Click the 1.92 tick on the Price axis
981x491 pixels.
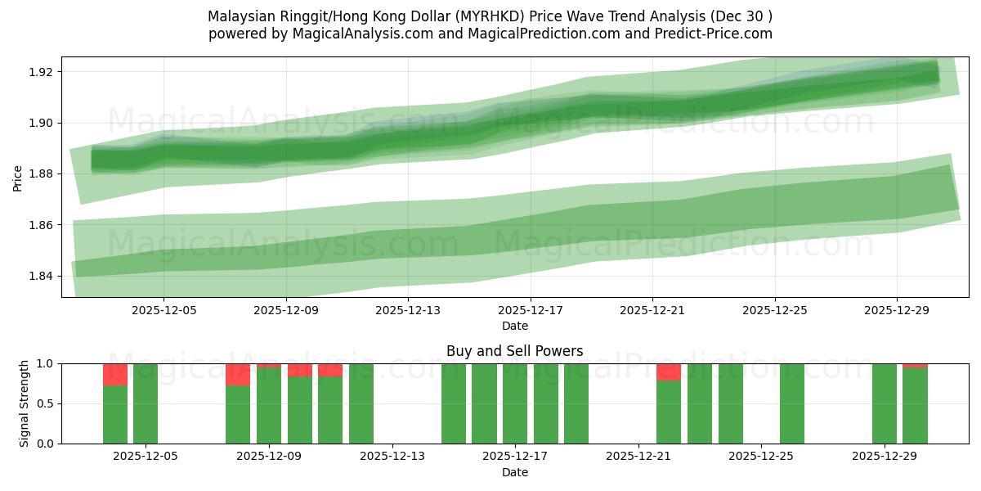39,72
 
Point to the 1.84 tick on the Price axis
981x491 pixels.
39,276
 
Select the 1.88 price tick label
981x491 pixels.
39,173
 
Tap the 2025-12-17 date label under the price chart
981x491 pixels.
530,311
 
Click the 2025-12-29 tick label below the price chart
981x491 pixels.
897,311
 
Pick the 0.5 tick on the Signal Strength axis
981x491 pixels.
46,403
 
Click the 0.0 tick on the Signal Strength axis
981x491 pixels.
46,444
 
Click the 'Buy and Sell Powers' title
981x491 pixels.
514,351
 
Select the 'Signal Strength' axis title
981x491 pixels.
25,403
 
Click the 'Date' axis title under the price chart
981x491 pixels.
514,326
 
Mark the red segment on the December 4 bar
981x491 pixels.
115,374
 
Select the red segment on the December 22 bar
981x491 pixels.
669,372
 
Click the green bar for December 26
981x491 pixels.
791,403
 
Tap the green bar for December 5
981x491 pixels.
146,403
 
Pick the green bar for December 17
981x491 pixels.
515,403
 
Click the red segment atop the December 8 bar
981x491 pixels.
238,374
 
